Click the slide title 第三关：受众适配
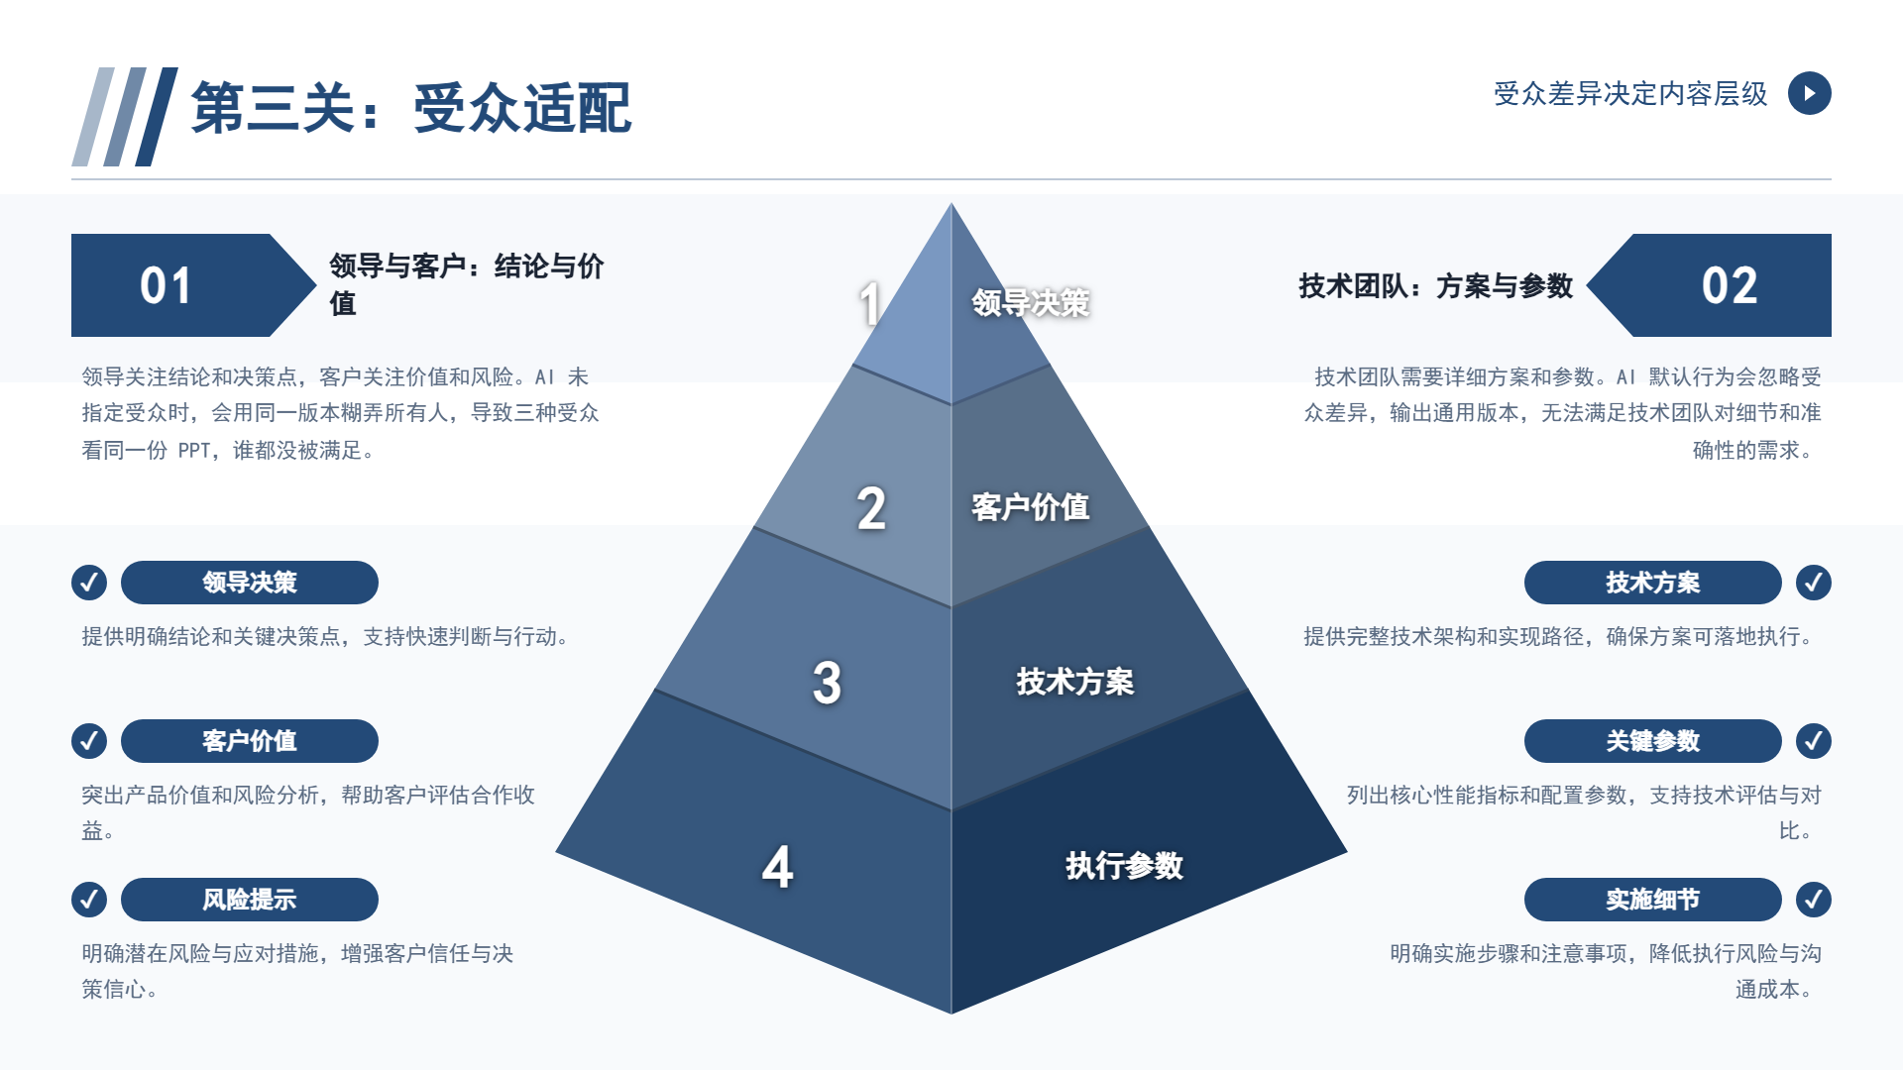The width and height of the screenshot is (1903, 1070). (410, 107)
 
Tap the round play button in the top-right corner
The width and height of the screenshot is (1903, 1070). (1809, 93)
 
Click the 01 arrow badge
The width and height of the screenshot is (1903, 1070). (193, 285)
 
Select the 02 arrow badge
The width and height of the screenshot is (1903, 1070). (1709, 285)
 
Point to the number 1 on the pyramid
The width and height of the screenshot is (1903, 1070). (870, 303)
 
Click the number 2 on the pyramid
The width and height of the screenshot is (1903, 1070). (871, 508)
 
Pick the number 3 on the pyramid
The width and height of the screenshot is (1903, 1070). (827, 683)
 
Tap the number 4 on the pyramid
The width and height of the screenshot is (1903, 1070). (778, 867)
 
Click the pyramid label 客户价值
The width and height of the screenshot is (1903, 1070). (1030, 507)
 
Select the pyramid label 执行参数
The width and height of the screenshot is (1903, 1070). (1124, 866)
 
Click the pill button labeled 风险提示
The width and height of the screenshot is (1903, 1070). (250, 900)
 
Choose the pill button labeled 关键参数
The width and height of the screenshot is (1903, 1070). (1652, 741)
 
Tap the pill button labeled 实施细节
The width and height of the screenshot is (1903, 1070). (1652, 900)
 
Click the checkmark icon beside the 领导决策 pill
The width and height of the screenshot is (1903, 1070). (89, 583)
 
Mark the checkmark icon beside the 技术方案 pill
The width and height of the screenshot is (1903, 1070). (1814, 583)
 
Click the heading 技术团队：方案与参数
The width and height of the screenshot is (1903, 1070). (1436, 286)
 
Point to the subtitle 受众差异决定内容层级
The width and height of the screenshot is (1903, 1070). (1630, 94)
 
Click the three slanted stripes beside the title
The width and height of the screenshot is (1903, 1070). (125, 117)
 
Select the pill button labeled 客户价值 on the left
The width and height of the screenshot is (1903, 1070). (250, 741)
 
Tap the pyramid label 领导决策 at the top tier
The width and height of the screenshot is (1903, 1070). (1030, 303)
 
